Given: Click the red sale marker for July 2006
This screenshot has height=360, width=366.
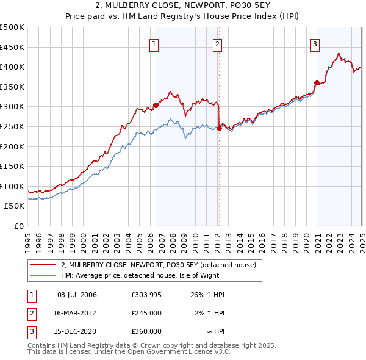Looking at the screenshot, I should click(156, 105).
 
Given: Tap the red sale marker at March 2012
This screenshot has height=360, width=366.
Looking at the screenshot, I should click(219, 128).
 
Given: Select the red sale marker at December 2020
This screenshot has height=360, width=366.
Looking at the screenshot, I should click(317, 83).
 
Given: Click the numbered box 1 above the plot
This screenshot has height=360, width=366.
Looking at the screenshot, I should click(154, 43).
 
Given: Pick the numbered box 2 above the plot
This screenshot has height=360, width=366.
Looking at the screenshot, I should click(218, 43).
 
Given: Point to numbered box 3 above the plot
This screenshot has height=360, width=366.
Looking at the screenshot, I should click(315, 43).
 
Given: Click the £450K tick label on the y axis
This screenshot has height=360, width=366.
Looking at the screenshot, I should click(12, 47).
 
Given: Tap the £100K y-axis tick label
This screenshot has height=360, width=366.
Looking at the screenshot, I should click(12, 186).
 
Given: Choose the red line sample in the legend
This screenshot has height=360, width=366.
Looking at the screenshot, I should click(43, 265).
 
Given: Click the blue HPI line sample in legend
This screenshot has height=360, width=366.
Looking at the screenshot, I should click(43, 275).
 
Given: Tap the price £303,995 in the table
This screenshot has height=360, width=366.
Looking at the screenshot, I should click(146, 295).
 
